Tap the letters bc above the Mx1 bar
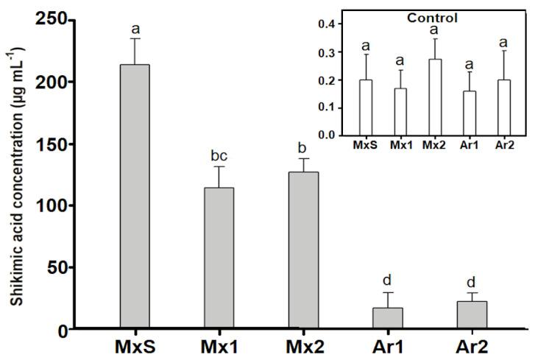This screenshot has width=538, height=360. [219, 155]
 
